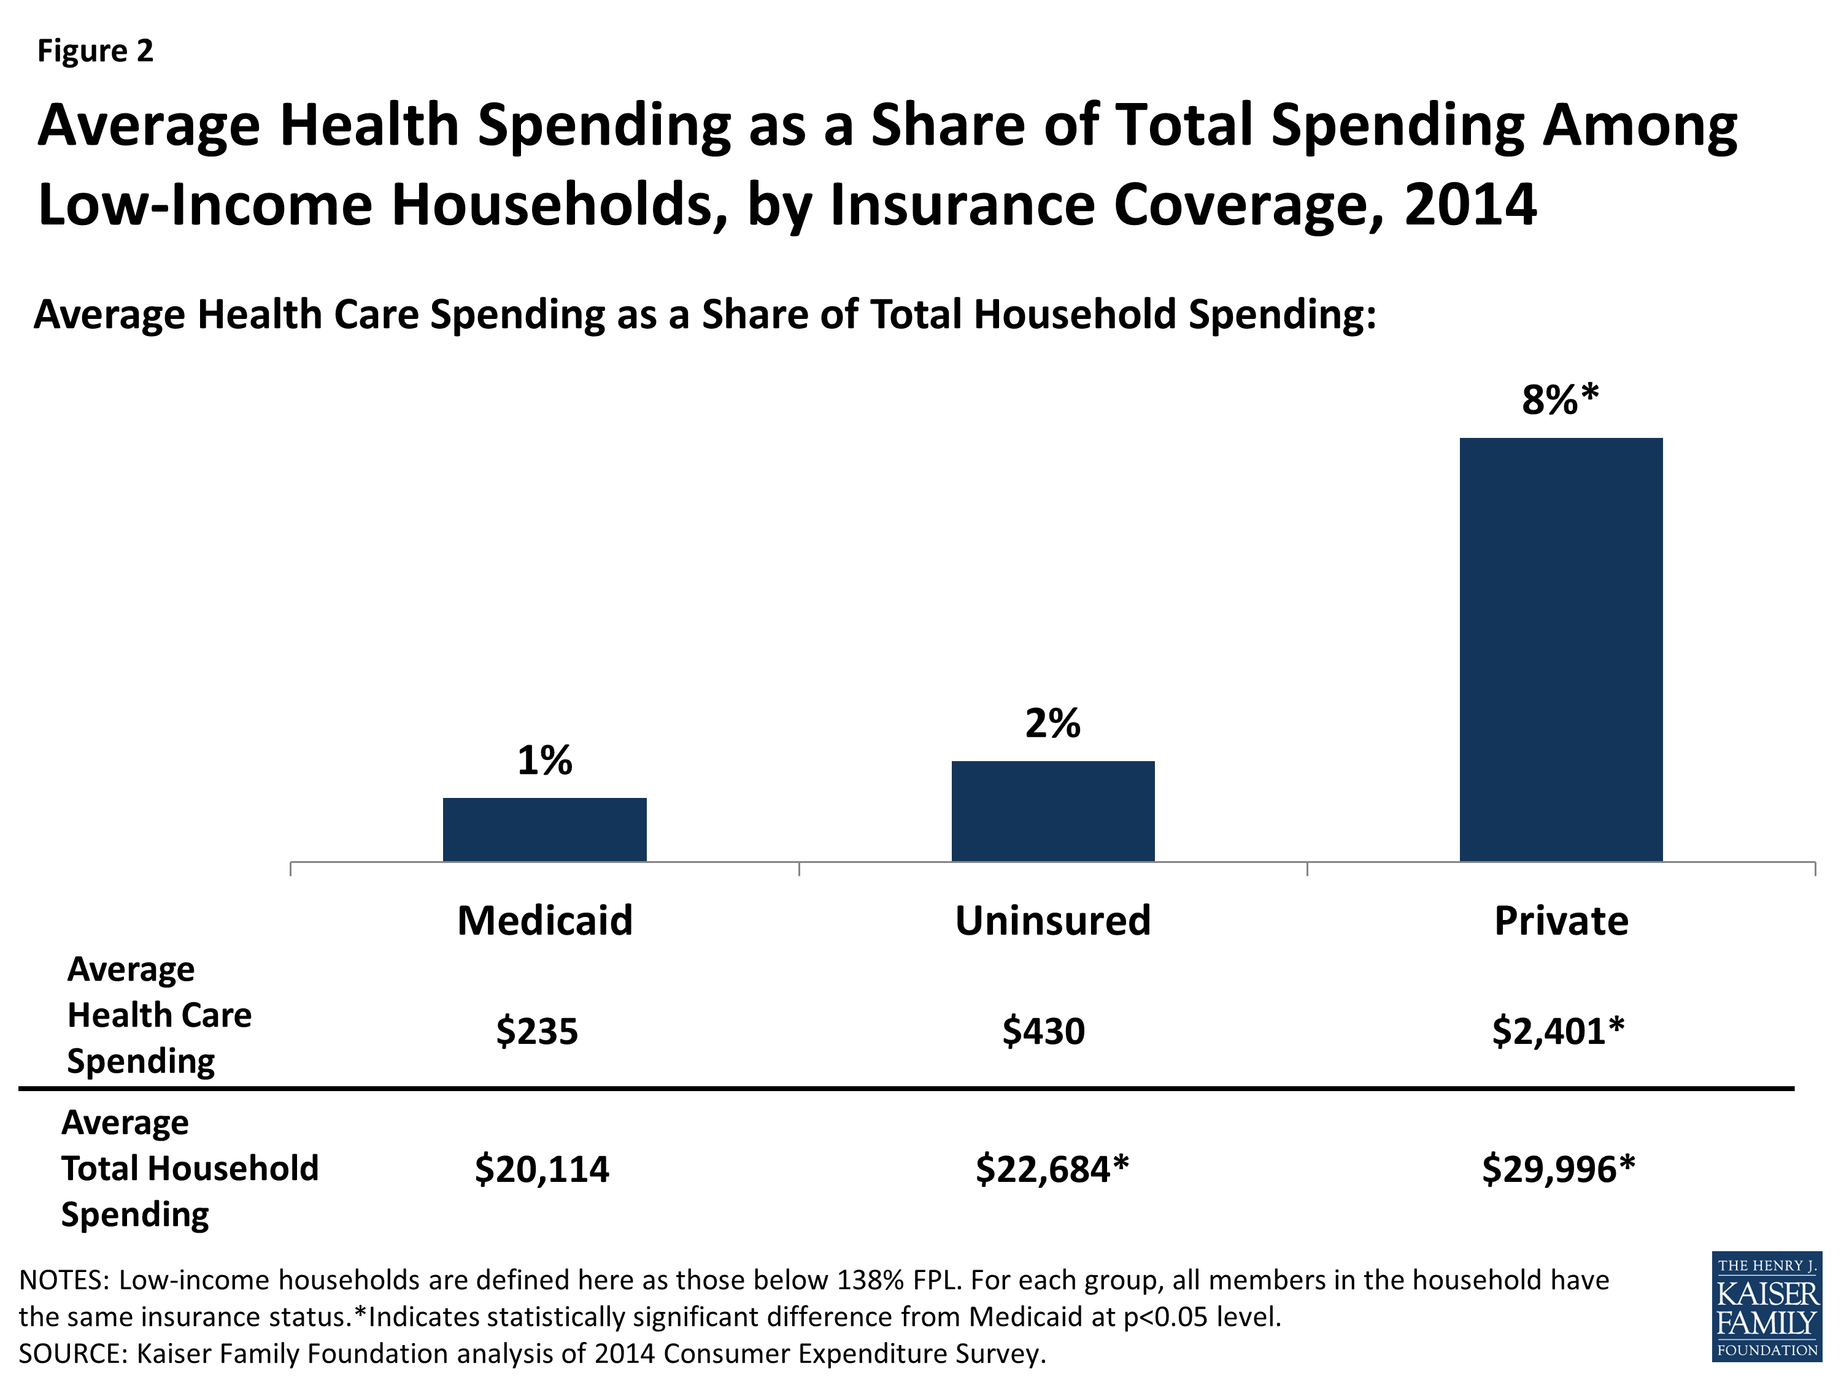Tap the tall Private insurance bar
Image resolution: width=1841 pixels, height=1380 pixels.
point(1561,649)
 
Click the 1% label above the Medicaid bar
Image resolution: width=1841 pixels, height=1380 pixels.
point(544,761)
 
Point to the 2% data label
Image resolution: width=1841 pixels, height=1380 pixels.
point(1053,723)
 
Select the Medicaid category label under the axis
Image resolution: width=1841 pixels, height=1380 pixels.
point(544,921)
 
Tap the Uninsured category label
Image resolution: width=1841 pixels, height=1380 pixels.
point(1053,921)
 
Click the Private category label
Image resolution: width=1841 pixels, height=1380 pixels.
point(1561,921)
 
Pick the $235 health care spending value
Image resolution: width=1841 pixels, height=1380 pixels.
point(537,1032)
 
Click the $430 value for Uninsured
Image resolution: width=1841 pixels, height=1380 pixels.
point(1044,1032)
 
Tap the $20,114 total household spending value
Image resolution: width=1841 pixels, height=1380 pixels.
point(542,1170)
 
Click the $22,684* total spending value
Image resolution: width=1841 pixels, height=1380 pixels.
point(1052,1170)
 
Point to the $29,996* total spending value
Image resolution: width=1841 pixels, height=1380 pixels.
point(1558,1170)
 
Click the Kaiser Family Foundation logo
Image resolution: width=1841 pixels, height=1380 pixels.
point(1766,1307)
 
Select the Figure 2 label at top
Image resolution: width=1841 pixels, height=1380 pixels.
point(96,52)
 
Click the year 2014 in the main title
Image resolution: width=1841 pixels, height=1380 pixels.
point(1470,205)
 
